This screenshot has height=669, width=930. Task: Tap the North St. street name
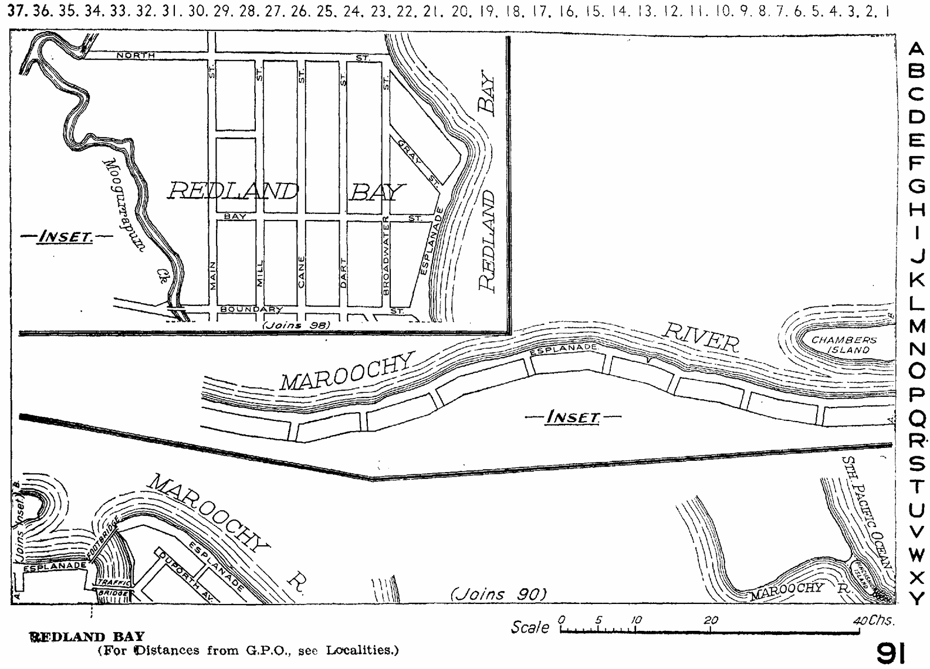coord(136,55)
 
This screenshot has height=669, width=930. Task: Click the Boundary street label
coord(252,310)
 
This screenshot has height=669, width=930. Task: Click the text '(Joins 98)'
coord(296,325)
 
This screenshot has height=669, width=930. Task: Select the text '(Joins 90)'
coord(498,594)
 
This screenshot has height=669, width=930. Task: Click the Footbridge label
coord(106,536)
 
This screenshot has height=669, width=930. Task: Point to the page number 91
coord(891,652)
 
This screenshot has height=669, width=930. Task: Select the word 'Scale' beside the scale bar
coord(530,627)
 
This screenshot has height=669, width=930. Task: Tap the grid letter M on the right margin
coord(916,326)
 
